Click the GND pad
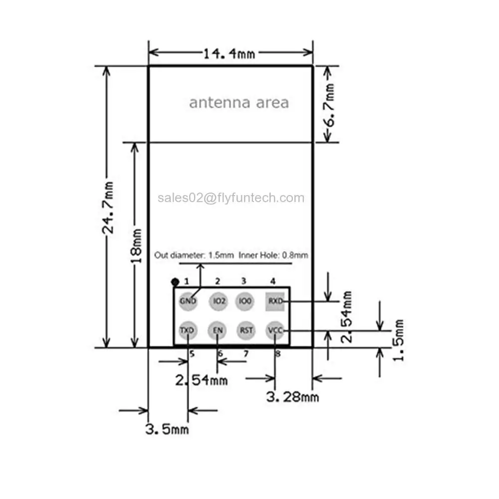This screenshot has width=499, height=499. point(188,301)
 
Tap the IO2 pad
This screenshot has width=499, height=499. point(219,301)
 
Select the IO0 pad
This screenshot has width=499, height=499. point(245,301)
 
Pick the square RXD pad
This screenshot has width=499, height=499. point(275,301)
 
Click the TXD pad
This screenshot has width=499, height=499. point(188,330)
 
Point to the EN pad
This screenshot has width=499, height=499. point(218,330)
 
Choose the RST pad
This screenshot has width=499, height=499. point(246,330)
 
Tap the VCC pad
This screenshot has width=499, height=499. point(275,330)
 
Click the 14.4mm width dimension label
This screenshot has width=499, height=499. point(229,54)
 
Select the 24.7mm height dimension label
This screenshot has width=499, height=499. point(108,208)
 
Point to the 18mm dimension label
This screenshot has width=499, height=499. point(136,246)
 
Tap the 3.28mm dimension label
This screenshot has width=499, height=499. point(292,397)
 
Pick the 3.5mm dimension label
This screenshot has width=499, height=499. point(167,429)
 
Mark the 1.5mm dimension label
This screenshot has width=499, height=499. point(398,340)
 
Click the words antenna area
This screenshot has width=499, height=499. point(239,102)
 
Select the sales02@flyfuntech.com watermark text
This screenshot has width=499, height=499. point(231,198)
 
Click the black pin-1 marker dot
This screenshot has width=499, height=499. point(175,281)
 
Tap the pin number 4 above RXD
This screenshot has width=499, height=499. point(273,281)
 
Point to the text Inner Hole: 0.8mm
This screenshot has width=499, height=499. point(273,255)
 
